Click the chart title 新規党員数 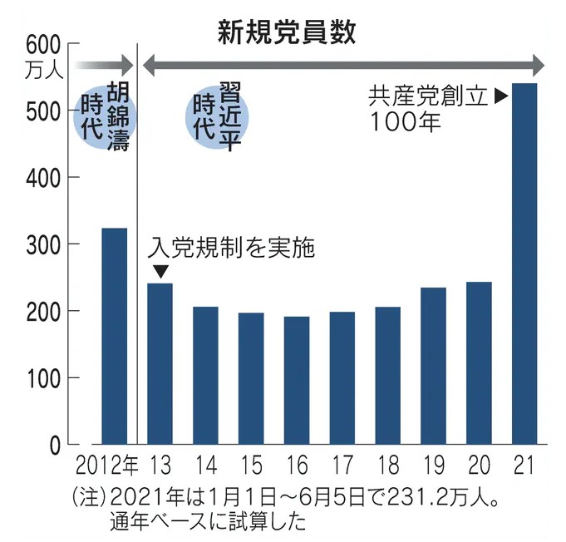(287, 31)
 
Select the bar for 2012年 (114, 336)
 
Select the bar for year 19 (433, 366)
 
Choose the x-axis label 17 (342, 464)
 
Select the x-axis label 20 (479, 464)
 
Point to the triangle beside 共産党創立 (500, 96)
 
